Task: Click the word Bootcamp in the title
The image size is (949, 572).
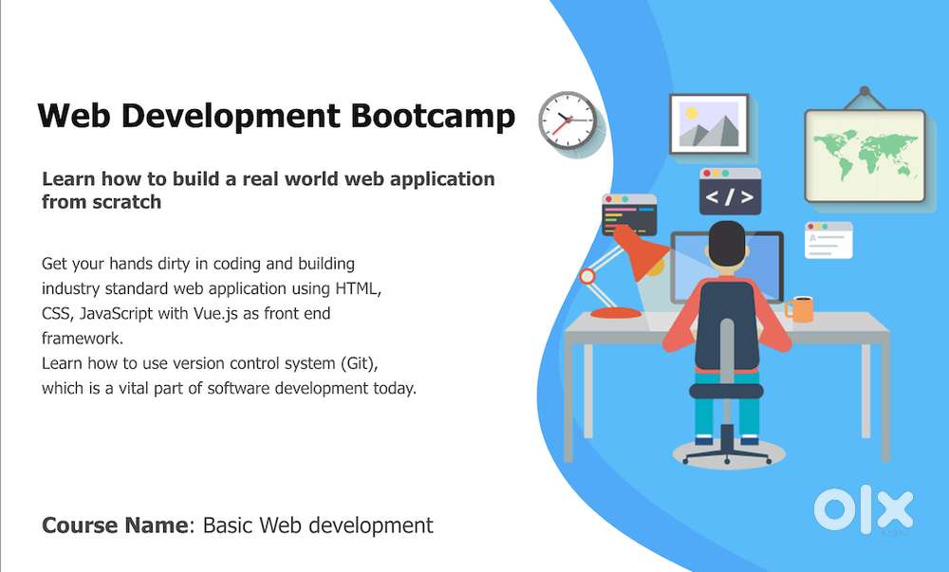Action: (433, 116)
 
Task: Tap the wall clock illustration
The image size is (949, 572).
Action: (568, 120)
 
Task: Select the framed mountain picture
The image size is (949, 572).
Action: (709, 124)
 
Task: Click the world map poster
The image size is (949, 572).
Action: (865, 155)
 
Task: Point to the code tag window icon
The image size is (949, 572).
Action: (730, 192)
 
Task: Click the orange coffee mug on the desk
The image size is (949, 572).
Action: (799, 309)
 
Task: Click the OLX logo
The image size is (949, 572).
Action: (863, 509)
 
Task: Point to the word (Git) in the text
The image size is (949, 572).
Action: (359, 363)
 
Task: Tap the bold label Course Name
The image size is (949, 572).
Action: (115, 525)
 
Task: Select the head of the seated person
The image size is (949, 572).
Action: (727, 243)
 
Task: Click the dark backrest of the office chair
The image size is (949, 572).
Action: (726, 323)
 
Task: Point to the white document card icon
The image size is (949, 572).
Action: (828, 240)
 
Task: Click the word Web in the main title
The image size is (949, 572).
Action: (74, 116)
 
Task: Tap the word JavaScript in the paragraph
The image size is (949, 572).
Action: (116, 314)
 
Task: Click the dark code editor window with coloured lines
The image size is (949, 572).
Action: (629, 214)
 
